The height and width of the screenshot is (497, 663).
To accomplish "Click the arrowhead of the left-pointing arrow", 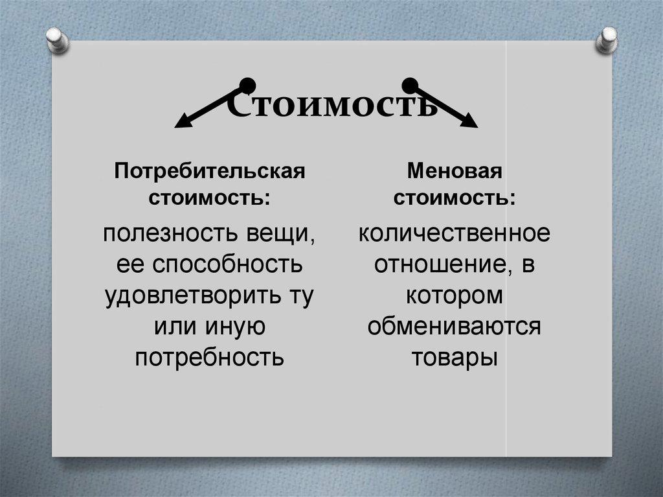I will click(184, 121).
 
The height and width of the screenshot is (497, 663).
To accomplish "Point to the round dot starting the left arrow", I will click(247, 84).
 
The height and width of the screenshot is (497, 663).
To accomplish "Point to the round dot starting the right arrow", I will click(409, 84).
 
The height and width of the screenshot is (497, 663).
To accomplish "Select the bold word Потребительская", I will click(210, 172).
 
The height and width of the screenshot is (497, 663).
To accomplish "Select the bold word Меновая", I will click(455, 172).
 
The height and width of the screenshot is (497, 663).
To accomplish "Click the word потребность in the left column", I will click(210, 357).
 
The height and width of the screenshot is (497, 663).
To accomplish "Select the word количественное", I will click(455, 233).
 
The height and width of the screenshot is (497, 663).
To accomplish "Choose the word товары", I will click(455, 357).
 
